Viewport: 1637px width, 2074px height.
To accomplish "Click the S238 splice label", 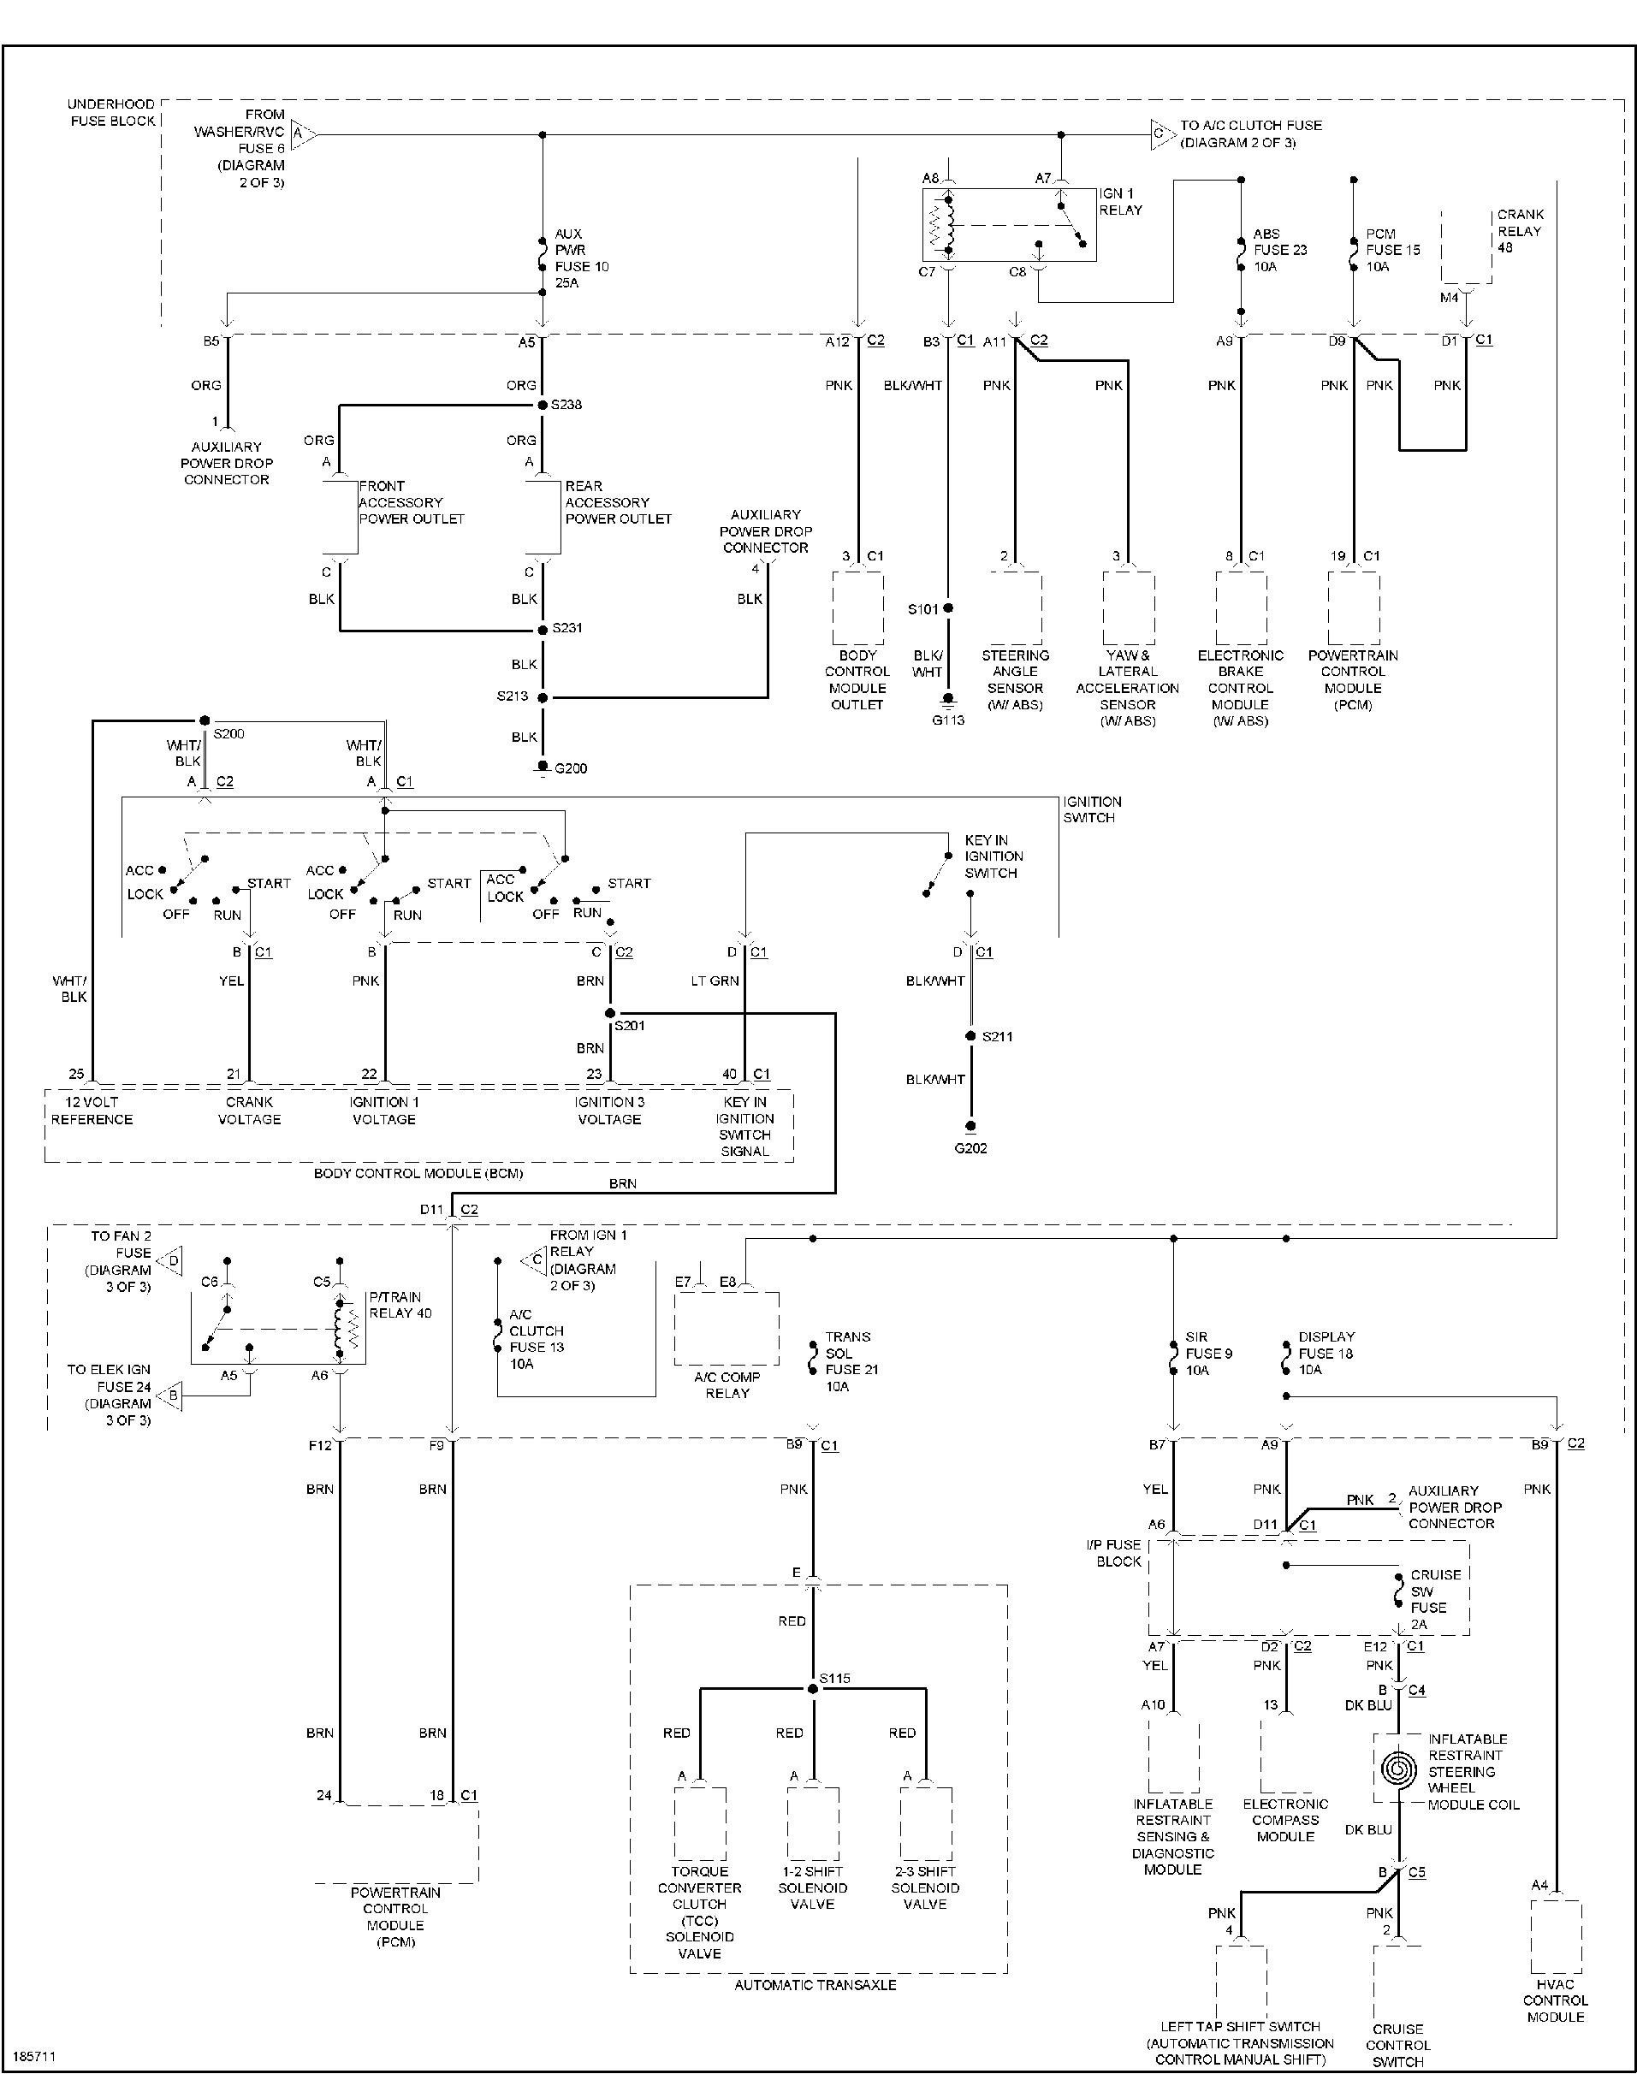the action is tap(566, 405).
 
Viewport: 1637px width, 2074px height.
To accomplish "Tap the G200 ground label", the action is tap(572, 767).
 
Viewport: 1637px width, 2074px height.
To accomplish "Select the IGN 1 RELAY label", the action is tap(1120, 201).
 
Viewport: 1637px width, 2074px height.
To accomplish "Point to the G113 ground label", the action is tap(948, 720).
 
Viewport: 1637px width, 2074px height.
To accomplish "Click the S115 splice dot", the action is tap(813, 1688).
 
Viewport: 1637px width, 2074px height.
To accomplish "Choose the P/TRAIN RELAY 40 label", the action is tap(400, 1305).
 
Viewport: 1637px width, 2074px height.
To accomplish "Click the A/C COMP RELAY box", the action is tap(727, 1329).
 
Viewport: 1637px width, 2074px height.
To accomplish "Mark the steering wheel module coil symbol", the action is tap(1397, 1766).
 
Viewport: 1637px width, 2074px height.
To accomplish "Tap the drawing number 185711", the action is tap(33, 2056).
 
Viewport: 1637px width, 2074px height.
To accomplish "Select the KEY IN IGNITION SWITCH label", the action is tap(993, 856).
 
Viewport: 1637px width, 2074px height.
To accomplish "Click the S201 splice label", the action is tap(630, 1026).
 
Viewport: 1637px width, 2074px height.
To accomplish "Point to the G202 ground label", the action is tap(971, 1147).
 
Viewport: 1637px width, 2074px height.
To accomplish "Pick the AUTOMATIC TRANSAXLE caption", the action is tap(816, 1985).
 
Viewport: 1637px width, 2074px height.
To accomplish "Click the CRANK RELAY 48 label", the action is tap(1520, 231).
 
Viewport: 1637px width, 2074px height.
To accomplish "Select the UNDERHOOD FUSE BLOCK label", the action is tap(112, 112).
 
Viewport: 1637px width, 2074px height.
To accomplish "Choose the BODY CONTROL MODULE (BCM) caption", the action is tap(418, 1173).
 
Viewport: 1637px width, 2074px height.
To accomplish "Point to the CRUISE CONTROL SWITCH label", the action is tap(1397, 2044).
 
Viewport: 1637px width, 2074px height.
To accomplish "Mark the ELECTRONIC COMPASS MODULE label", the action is tap(1285, 1820).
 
